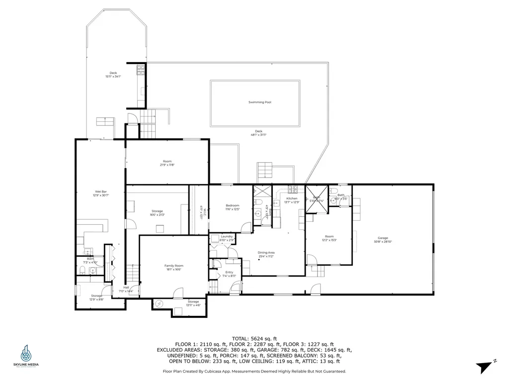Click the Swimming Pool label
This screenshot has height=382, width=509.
coord(259,102)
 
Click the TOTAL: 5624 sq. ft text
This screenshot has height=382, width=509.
coord(254,338)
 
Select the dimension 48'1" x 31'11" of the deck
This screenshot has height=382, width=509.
coord(258,135)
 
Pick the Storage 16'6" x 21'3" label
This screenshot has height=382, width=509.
coord(157,213)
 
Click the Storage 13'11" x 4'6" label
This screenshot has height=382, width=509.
coord(193,303)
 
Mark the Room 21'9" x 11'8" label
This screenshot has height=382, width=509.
coord(167,163)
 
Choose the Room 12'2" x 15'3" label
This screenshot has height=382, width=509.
coord(329,238)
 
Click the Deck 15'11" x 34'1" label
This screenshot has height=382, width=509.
coord(113,75)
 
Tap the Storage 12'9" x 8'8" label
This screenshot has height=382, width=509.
coord(96,297)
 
